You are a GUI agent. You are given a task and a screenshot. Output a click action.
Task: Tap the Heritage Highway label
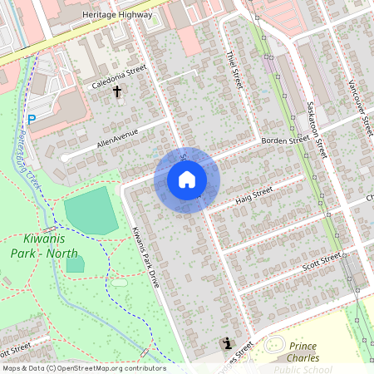coord(117,15)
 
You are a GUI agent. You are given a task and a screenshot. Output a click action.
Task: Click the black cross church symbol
coord(117,91)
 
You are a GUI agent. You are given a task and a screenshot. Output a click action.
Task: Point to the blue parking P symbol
coord(32,120)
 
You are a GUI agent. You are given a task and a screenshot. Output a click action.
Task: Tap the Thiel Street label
coord(234,70)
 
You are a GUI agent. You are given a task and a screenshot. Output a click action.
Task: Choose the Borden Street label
coord(285,141)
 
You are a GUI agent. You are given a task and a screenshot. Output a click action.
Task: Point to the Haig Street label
coord(253,194)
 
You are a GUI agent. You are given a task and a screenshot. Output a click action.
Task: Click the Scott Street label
coord(322,261)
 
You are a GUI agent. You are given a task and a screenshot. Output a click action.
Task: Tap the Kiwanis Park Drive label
coord(145,256)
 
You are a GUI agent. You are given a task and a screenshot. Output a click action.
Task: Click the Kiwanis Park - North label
coord(45,246)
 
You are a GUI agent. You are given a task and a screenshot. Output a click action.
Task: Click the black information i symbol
coord(226,343)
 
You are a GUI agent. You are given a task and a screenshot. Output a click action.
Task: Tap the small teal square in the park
coord(75,265)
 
